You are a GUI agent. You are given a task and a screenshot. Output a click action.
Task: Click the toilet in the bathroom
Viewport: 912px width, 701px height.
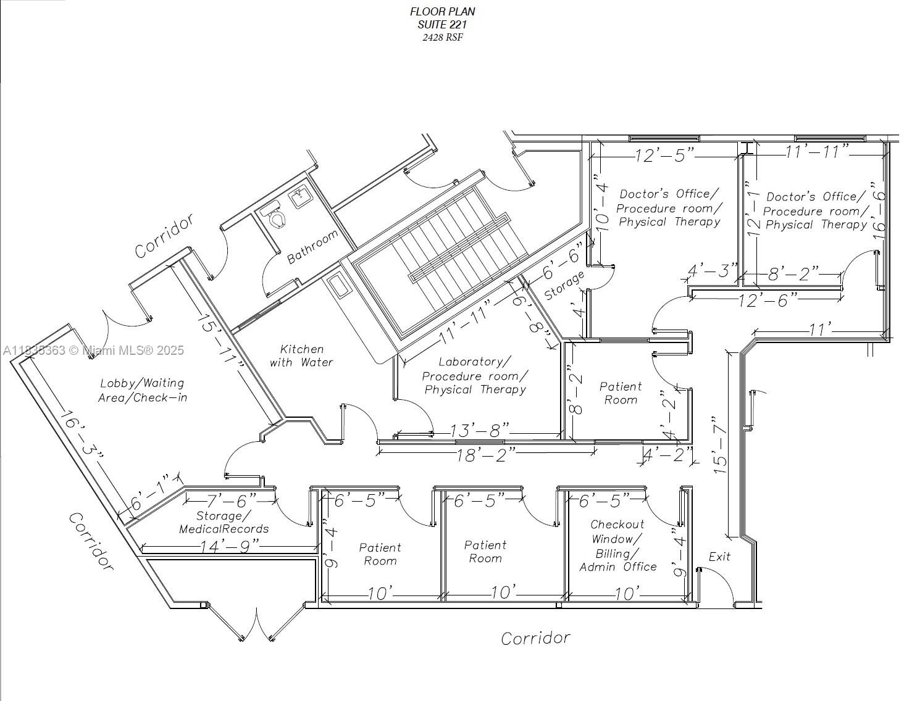(x=275, y=215)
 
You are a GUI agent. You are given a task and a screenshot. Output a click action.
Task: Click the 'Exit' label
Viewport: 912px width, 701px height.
(x=719, y=557)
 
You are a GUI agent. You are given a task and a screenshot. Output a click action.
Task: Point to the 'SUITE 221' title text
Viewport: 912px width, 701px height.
(x=442, y=25)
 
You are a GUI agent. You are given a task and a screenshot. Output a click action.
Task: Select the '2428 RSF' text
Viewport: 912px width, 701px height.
(x=442, y=37)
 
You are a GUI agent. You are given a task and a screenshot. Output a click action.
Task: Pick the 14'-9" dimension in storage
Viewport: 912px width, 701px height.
(x=229, y=547)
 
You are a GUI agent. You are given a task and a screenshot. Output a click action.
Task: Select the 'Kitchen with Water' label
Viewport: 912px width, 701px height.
(x=301, y=355)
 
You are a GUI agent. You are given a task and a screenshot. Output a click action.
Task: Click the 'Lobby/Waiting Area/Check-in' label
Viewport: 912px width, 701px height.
(x=142, y=391)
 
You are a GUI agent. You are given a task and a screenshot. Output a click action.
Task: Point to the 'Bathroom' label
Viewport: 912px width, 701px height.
(x=312, y=247)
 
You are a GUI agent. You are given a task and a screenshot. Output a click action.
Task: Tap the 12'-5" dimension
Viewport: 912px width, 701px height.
(x=664, y=156)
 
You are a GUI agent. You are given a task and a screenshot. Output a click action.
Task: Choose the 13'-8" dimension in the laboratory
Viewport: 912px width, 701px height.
(x=479, y=430)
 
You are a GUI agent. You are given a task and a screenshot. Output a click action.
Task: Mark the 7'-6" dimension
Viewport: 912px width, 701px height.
(x=231, y=500)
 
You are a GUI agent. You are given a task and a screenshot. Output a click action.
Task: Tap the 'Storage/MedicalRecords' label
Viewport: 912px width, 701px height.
(x=224, y=523)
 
